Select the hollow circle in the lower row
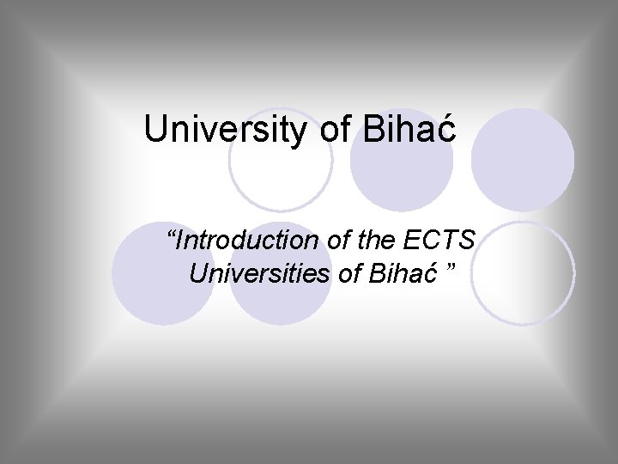(x=523, y=272)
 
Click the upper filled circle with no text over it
(x=523, y=160)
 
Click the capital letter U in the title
(x=155, y=130)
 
